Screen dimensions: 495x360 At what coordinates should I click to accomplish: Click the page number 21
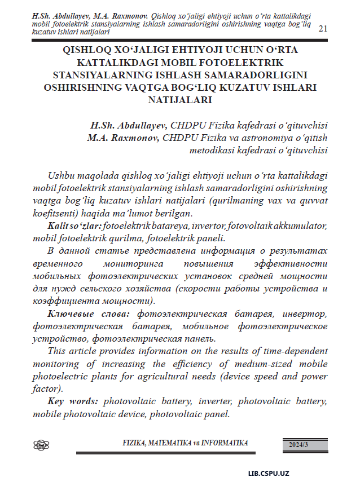click(x=323, y=28)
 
